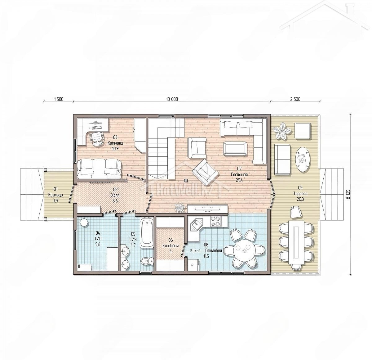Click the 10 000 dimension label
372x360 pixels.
pyautogui.click(x=172, y=99)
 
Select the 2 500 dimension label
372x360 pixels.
pyautogui.click(x=295, y=99)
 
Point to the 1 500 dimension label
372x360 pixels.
pyautogui.click(x=59, y=99)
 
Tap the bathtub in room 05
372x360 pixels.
pyautogui.click(x=147, y=232)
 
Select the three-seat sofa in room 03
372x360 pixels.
pyautogui.click(x=99, y=169)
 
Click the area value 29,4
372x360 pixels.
pyautogui.click(x=239, y=180)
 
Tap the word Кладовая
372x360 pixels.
pyautogui.click(x=170, y=246)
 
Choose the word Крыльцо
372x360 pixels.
pyautogui.click(x=55, y=195)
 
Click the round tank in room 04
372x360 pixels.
pyautogui.click(x=84, y=223)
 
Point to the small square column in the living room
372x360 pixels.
pyautogui.click(x=185, y=180)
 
